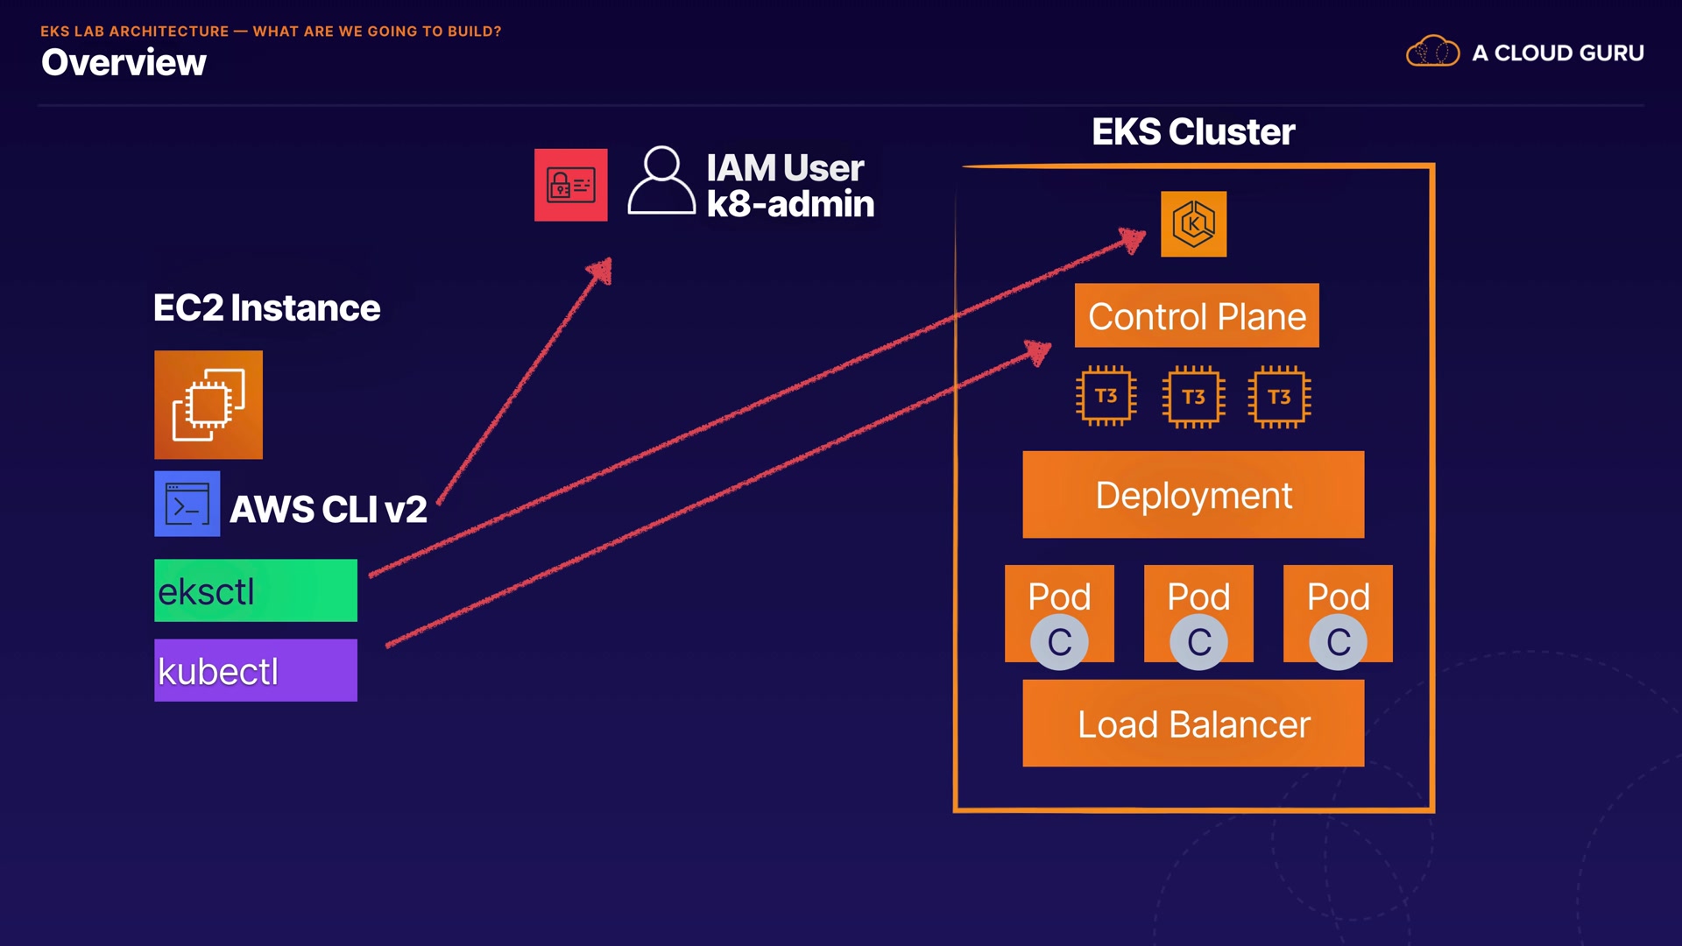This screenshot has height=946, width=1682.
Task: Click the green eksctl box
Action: (256, 590)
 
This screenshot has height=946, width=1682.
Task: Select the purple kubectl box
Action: (256, 670)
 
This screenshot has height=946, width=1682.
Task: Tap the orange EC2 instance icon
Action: (208, 405)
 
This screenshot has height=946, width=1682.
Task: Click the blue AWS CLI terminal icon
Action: (187, 504)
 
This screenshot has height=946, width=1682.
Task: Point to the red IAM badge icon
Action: (570, 185)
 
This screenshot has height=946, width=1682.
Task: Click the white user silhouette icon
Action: (661, 180)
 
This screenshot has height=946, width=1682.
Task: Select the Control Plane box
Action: (1197, 315)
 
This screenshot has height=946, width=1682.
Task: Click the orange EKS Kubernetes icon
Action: (1193, 224)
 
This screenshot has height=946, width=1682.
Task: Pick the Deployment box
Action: (1193, 495)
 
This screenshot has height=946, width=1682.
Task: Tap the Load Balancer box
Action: (1193, 724)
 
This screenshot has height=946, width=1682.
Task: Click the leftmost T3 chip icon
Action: (1106, 397)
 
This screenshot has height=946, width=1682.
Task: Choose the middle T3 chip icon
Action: (1193, 397)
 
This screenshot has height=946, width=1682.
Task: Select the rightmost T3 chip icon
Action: (1279, 397)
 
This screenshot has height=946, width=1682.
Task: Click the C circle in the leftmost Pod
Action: (1059, 642)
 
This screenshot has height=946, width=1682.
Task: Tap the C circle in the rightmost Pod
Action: (1338, 642)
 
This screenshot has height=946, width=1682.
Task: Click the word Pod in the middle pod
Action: (1198, 597)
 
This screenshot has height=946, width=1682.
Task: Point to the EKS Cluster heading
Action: (1193, 132)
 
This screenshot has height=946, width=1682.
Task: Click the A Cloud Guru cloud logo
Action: (1432, 53)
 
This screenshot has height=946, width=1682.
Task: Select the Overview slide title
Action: (124, 62)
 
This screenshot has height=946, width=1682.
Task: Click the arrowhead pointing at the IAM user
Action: (602, 270)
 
